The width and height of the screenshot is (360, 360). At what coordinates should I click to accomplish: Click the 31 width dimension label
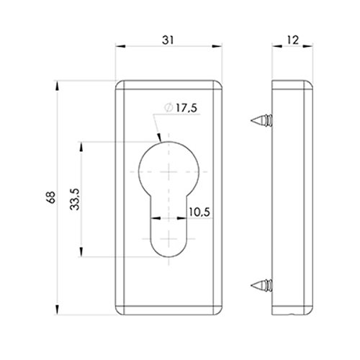click(x=168, y=40)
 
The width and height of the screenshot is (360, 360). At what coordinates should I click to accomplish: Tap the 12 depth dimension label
click(x=292, y=40)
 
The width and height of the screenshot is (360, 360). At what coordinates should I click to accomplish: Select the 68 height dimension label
click(x=51, y=197)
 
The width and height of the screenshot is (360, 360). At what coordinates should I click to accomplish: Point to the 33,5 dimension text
click(x=75, y=199)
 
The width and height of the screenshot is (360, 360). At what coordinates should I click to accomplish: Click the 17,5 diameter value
click(x=186, y=108)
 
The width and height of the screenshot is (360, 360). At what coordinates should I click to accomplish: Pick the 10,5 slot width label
click(x=199, y=212)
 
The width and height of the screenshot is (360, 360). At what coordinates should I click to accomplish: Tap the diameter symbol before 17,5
click(x=168, y=107)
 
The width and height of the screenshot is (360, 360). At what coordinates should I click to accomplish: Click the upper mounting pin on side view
click(x=261, y=120)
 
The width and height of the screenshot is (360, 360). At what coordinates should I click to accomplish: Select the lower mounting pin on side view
click(x=261, y=285)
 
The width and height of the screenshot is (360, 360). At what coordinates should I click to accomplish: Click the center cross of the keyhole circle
click(x=169, y=171)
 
